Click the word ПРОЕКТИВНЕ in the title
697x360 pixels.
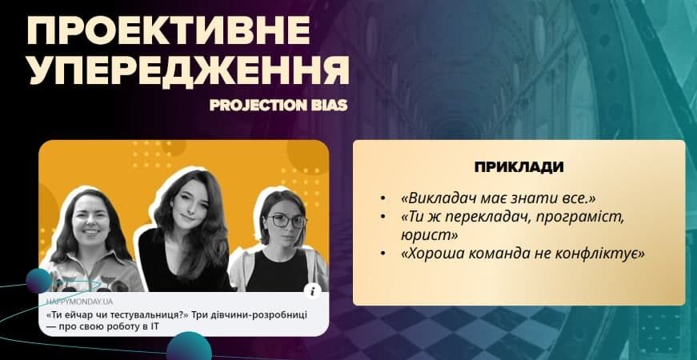point(169,30)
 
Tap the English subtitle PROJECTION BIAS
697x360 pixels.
point(278,106)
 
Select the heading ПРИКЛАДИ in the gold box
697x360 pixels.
point(519,166)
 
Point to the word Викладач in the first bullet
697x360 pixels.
point(435,198)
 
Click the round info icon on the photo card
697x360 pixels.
point(313,291)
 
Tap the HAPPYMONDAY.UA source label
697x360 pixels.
point(79,302)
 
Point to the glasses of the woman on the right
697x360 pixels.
point(286,221)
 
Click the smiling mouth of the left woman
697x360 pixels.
point(91,231)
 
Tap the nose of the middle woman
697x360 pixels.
point(191,209)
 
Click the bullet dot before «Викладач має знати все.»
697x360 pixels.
point(383,198)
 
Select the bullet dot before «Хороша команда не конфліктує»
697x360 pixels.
point(383,254)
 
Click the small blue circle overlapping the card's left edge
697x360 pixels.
point(38,281)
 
